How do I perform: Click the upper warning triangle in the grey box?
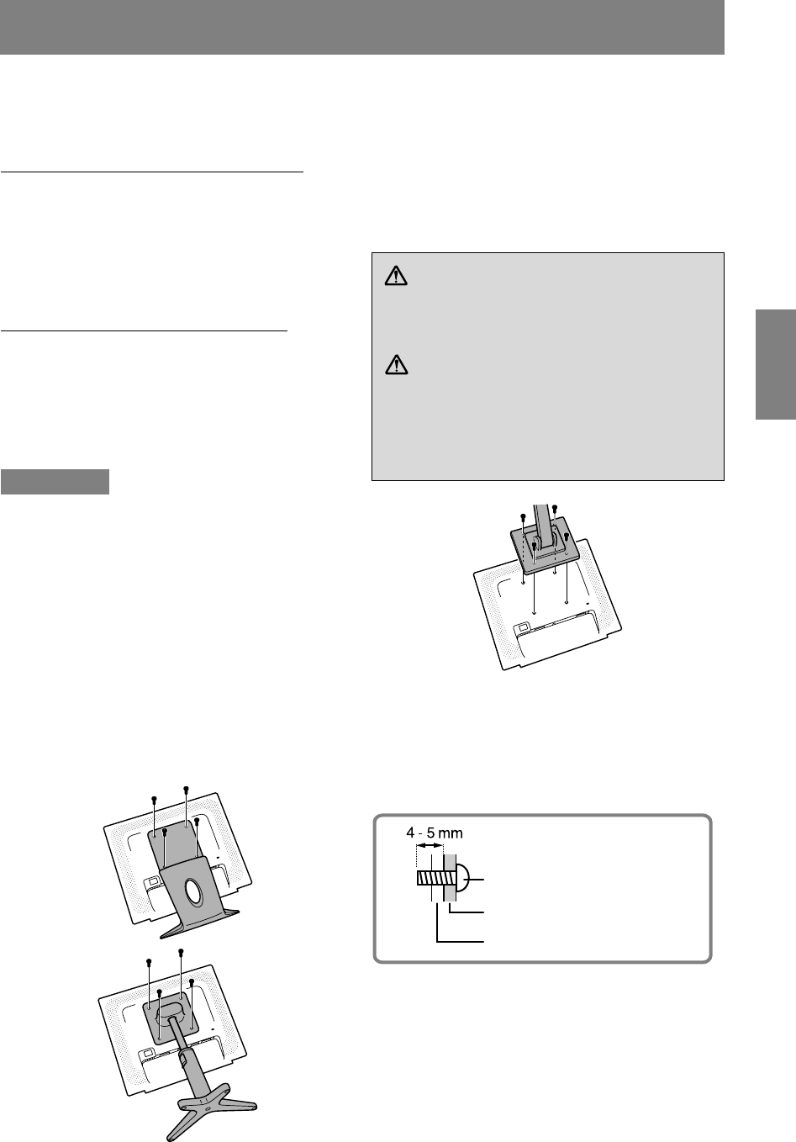(x=396, y=276)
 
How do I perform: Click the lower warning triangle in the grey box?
(x=396, y=364)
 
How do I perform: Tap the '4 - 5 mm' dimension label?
(x=435, y=833)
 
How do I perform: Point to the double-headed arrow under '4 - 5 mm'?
(x=430, y=846)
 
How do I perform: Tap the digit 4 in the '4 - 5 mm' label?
(x=409, y=833)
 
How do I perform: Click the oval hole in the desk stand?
(x=193, y=892)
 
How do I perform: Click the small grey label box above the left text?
(x=55, y=482)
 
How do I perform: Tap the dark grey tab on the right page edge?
(x=776, y=364)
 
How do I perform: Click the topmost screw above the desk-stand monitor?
(x=186, y=790)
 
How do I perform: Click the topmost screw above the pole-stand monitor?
(x=181, y=951)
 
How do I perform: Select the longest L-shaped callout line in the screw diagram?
(x=460, y=923)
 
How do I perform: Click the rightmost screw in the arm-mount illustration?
(x=567, y=536)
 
